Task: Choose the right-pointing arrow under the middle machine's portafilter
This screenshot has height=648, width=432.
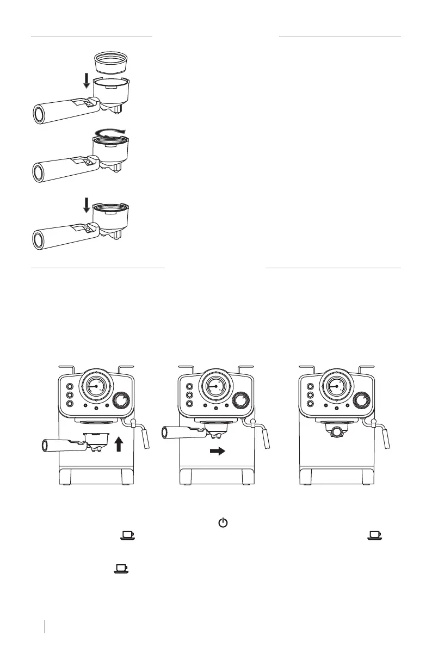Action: (217, 451)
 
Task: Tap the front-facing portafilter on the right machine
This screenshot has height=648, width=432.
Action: (336, 430)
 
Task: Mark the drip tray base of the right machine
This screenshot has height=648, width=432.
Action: (336, 474)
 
